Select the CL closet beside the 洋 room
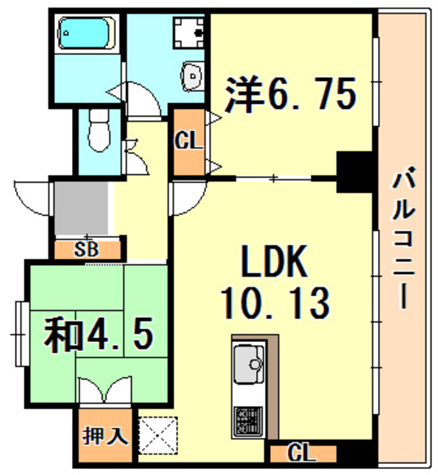click(x=189, y=141)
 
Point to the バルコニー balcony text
click(x=404, y=241)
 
